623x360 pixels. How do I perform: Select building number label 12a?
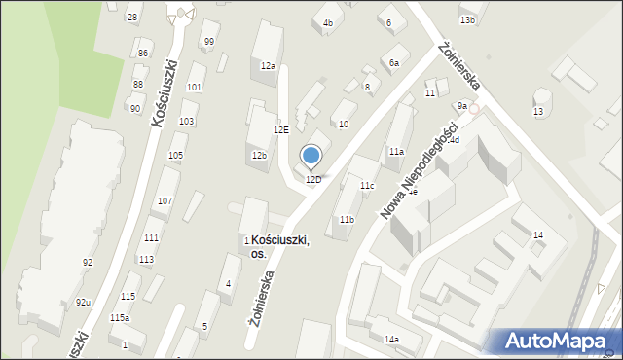pyautogui.click(x=268, y=66)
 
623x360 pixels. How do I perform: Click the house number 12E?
pyautogui.click(x=280, y=129)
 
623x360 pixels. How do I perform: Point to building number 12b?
pyautogui.click(x=259, y=155)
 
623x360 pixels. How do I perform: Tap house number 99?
pyautogui.click(x=209, y=41)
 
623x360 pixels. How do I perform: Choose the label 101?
pyautogui.click(x=195, y=88)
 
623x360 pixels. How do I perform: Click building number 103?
pyautogui.click(x=186, y=122)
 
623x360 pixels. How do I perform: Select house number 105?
pyautogui.click(x=176, y=156)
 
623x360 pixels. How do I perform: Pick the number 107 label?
pyautogui.click(x=165, y=200)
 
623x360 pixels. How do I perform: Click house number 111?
pyautogui.click(x=151, y=238)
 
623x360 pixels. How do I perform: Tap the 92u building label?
pyautogui.click(x=84, y=303)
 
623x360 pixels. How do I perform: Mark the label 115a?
pyautogui.click(x=120, y=318)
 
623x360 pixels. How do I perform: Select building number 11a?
pyautogui.click(x=396, y=152)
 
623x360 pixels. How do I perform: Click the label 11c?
pyautogui.click(x=367, y=185)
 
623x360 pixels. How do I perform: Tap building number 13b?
pyautogui.click(x=468, y=19)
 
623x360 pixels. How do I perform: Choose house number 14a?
pyautogui.click(x=391, y=339)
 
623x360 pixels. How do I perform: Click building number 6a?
pyautogui.click(x=394, y=63)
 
